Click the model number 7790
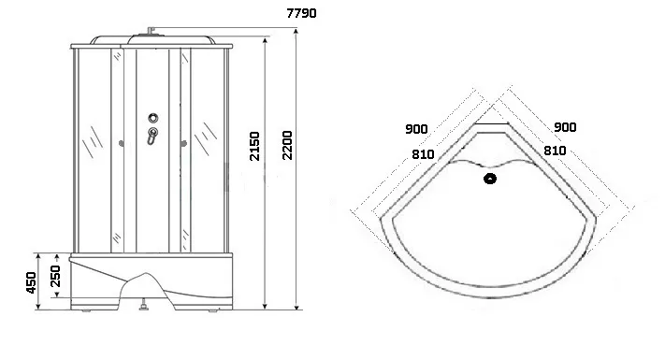(x=301, y=13)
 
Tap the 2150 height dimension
(x=254, y=146)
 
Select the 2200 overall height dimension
(x=287, y=146)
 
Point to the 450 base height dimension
(x=31, y=282)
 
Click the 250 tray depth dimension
(x=55, y=276)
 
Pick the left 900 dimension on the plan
(x=416, y=129)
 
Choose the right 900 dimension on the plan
(x=565, y=127)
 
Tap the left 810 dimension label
(x=423, y=154)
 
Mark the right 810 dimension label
(x=555, y=151)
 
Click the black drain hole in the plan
(x=490, y=179)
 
